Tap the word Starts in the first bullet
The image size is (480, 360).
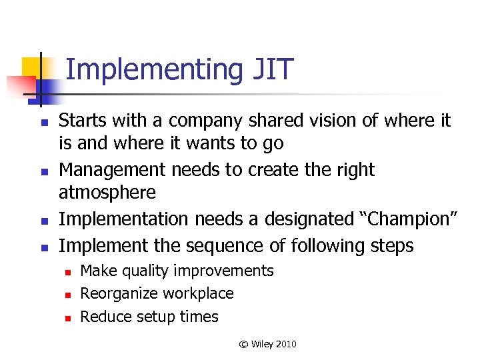81,121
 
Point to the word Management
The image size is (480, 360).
113,170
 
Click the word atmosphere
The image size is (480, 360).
107,193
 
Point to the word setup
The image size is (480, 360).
147,317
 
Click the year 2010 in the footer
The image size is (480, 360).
285,344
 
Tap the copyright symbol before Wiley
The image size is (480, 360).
243,344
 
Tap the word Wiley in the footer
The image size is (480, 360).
262,344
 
